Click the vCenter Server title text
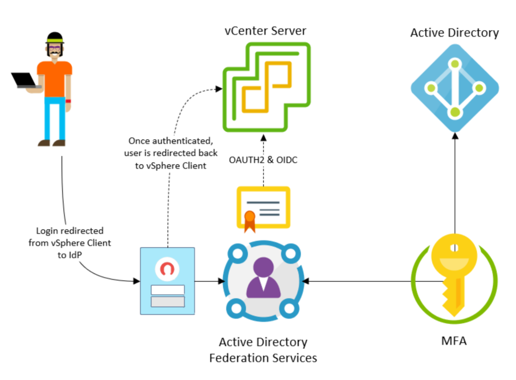pos(266,31)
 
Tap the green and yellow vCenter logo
pos(267,87)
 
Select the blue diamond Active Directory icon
pos(455,88)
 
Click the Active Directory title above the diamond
pos(455,33)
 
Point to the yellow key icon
pos(454,274)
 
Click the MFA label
pos(454,342)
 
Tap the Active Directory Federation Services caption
pos(263,350)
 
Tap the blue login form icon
pos(167,281)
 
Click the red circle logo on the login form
pos(168,269)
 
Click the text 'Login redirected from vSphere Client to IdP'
pos(70,243)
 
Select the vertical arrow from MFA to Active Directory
pos(455,186)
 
